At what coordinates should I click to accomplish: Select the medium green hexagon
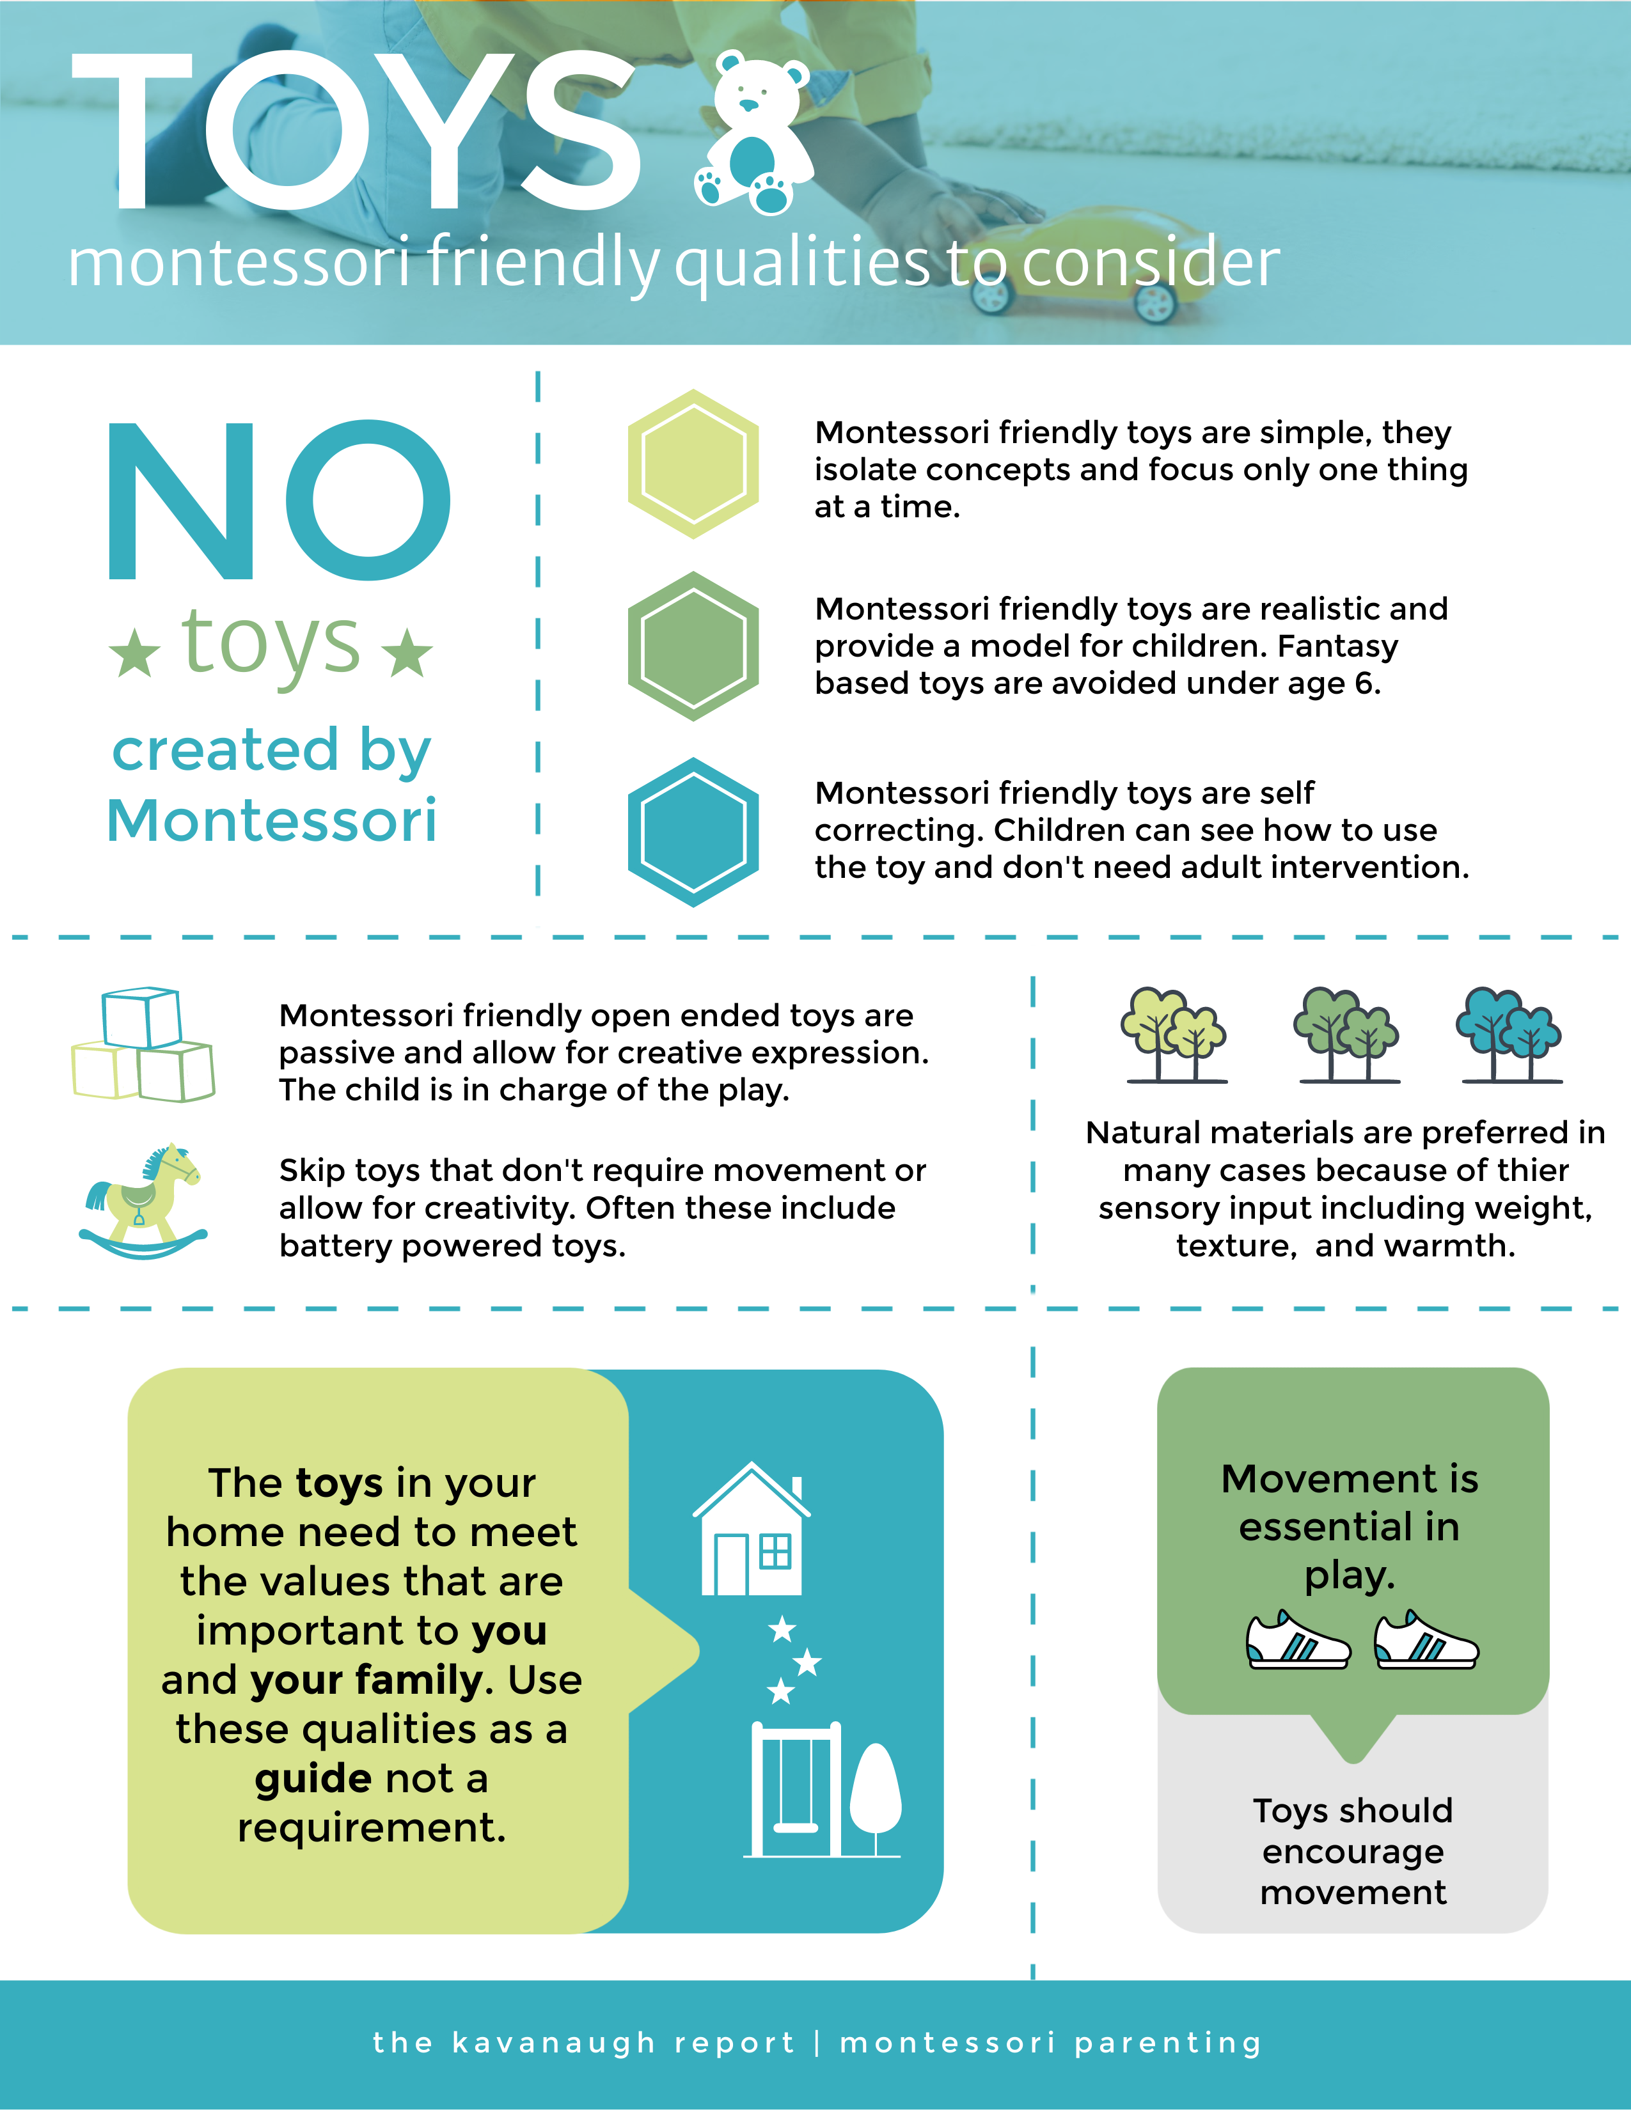pos(693,646)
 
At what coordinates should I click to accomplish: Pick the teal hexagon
pos(693,832)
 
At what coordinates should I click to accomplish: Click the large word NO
pos(278,501)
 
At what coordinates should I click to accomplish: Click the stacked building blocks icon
pos(143,1045)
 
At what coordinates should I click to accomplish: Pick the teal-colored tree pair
pos(1508,1035)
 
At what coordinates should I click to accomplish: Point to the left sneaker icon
pos(1296,1641)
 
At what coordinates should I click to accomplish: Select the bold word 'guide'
pos(313,1779)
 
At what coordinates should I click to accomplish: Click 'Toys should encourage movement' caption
pos(1353,1851)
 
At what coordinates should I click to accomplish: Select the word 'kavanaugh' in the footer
pos(554,2042)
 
